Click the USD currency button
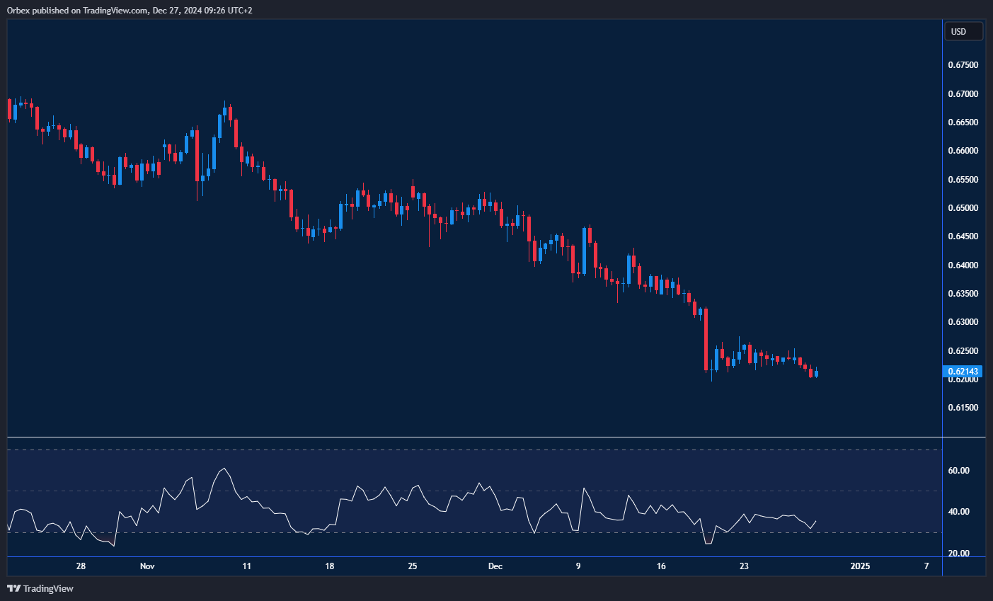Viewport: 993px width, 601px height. tap(963, 31)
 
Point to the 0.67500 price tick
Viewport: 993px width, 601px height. tap(963, 65)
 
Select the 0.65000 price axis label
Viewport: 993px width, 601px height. tap(963, 208)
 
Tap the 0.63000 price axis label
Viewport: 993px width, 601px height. tap(963, 322)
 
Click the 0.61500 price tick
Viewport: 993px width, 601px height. tap(963, 408)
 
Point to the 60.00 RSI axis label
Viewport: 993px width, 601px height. tap(959, 471)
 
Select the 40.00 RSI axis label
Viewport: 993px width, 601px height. tap(959, 512)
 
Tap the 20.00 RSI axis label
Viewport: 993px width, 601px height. tap(959, 554)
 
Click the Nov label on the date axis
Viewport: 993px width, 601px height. tap(147, 566)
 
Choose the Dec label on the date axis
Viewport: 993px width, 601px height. tap(495, 566)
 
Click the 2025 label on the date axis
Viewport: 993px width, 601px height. tap(860, 566)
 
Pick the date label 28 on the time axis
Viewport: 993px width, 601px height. tap(81, 566)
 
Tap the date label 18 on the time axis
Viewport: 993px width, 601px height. tap(330, 566)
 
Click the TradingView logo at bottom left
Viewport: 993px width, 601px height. tap(40, 588)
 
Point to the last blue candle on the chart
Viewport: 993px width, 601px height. tap(817, 374)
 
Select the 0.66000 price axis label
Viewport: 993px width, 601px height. tap(963, 151)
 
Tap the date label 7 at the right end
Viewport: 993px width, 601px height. tap(926, 566)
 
